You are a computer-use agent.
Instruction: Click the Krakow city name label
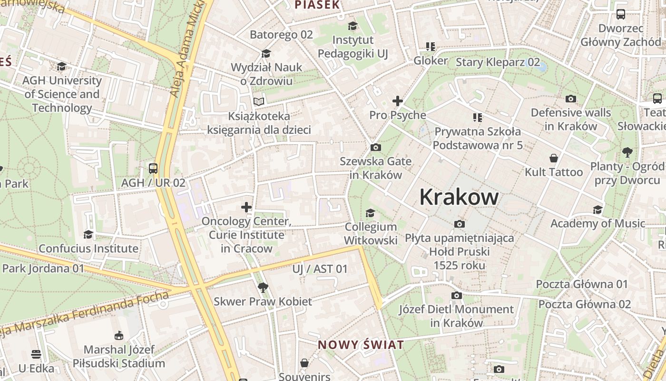[x=459, y=197]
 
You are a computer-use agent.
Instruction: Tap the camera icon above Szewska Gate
[x=375, y=148]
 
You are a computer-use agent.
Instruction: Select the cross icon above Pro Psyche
[x=397, y=101]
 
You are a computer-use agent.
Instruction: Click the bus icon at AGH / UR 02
[x=153, y=168]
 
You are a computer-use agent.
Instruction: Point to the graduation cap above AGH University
[x=61, y=66]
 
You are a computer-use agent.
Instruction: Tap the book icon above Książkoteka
[x=259, y=101]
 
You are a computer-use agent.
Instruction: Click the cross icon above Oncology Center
[x=246, y=207]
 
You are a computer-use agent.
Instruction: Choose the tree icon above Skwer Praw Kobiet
[x=263, y=287]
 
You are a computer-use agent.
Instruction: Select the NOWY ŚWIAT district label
[x=361, y=345]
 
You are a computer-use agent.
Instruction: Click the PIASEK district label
[x=317, y=5]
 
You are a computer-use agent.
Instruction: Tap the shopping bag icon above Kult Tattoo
[x=553, y=158]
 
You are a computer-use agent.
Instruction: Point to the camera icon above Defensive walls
[x=570, y=99]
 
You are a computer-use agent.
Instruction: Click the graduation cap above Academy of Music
[x=597, y=210]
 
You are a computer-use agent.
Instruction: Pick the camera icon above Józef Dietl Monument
[x=456, y=296]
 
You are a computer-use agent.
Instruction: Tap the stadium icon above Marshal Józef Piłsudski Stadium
[x=119, y=336]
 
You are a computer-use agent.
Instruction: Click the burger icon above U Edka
[x=36, y=354]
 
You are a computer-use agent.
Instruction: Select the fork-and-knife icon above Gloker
[x=431, y=47]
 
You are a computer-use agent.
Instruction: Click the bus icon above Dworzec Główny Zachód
[x=621, y=14]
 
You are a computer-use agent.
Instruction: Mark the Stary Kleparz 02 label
[x=498, y=62]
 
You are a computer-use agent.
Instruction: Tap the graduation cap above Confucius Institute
[x=88, y=234]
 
